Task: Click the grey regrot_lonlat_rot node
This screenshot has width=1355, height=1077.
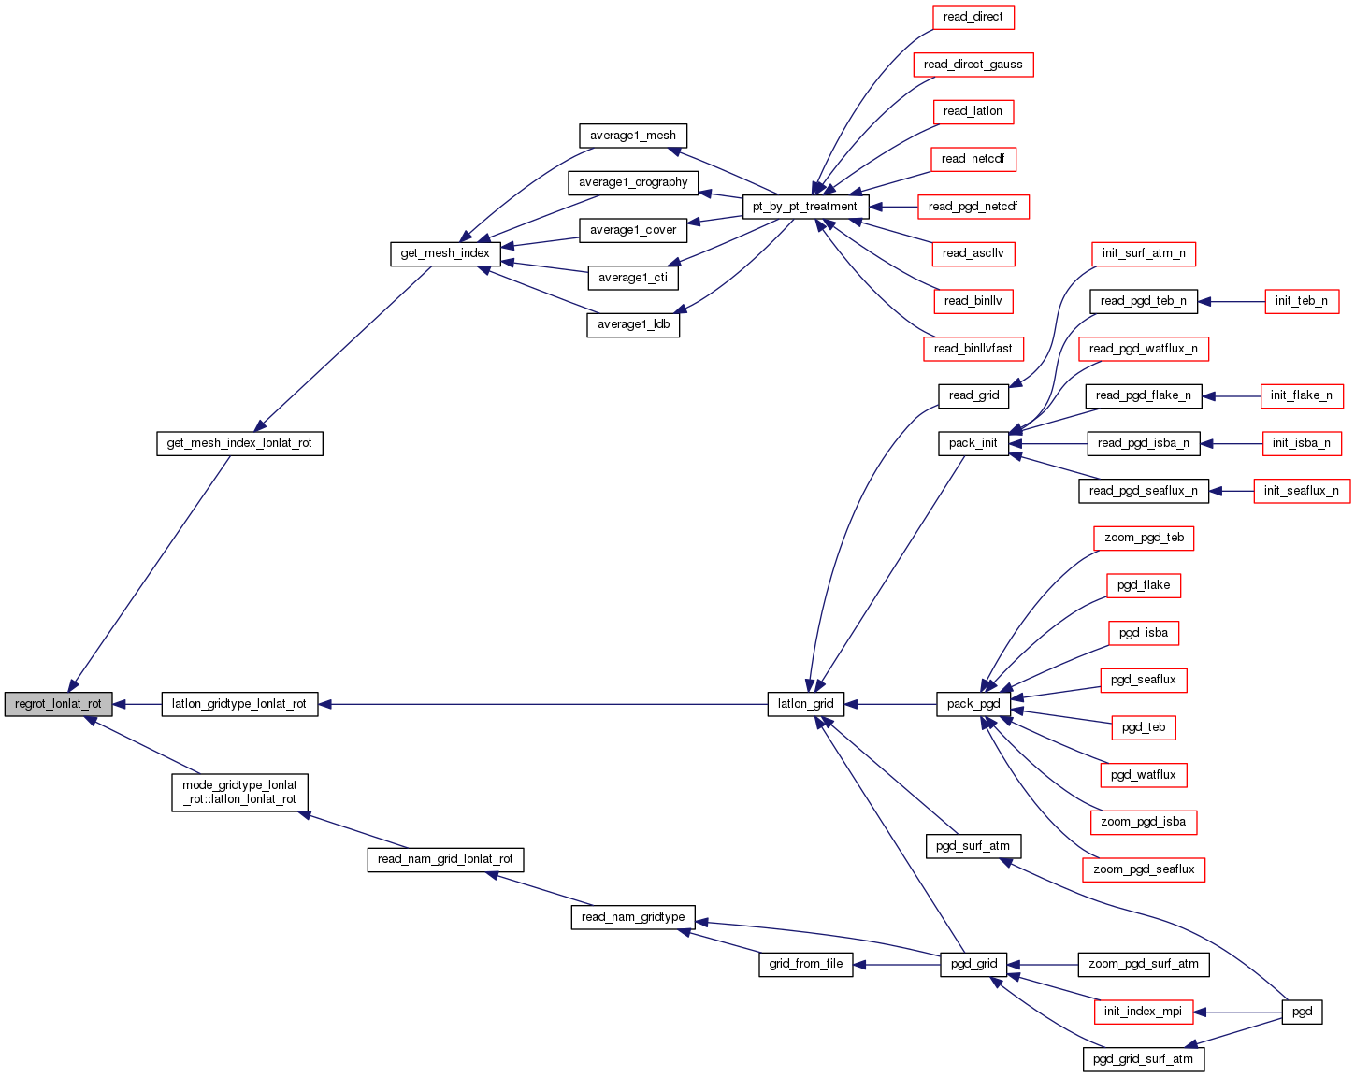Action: (x=58, y=704)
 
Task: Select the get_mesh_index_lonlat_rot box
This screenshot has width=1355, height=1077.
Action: (x=239, y=443)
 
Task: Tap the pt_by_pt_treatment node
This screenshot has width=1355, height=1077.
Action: (x=804, y=207)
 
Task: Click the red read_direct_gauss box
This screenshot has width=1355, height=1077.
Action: (x=973, y=65)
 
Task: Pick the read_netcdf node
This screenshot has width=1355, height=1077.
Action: (x=973, y=159)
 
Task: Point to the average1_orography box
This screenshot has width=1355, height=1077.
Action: (x=633, y=182)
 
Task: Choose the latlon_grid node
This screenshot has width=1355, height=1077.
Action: (x=805, y=704)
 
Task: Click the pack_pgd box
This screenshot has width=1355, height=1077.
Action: (x=973, y=704)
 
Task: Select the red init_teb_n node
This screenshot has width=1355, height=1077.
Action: (x=1301, y=301)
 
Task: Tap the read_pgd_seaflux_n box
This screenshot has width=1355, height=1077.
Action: (x=1143, y=491)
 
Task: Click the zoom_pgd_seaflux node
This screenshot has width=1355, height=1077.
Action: (x=1143, y=869)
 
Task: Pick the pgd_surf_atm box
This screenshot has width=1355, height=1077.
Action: (x=973, y=846)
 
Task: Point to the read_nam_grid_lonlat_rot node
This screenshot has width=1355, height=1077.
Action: (x=445, y=859)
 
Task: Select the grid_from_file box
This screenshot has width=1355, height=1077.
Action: (x=805, y=964)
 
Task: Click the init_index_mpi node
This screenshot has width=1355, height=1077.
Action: (x=1143, y=1012)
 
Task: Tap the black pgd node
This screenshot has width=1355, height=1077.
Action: (x=1302, y=1012)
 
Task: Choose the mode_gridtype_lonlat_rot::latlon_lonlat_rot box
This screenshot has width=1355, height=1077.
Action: (x=239, y=792)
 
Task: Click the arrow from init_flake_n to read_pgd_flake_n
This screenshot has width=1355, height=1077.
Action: (x=1232, y=396)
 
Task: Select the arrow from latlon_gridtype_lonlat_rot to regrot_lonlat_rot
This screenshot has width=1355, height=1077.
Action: (x=137, y=704)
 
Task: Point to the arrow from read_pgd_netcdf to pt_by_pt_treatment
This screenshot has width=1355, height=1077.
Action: (x=894, y=207)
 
